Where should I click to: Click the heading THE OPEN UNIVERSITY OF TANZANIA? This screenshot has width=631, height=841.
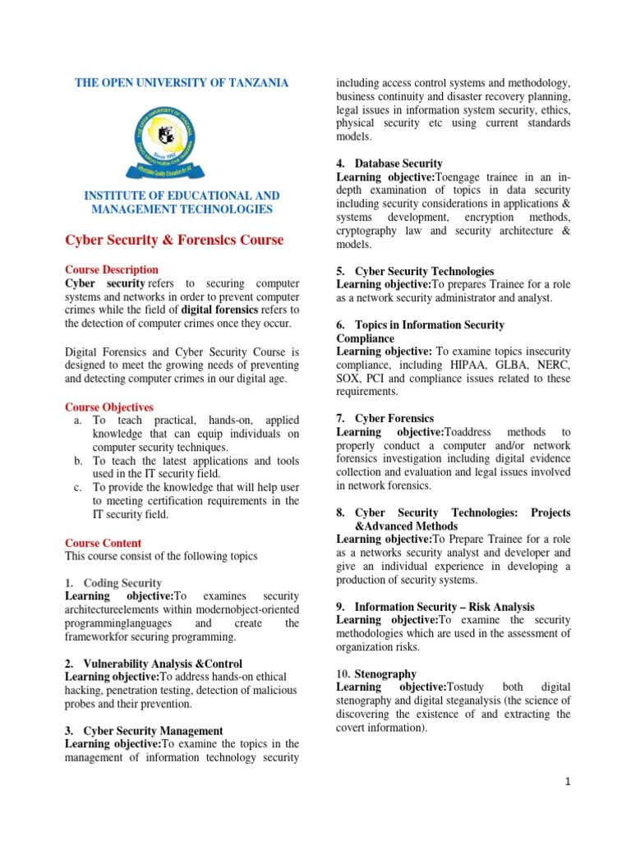pos(182,83)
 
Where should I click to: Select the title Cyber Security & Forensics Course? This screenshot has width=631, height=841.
pos(174,240)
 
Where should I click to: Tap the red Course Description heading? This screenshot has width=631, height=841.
pos(112,269)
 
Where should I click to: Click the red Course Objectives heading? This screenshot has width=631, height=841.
pos(109,407)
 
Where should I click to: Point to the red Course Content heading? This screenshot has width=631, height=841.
pos(104,543)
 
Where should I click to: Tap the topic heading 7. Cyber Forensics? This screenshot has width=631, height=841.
pos(385,418)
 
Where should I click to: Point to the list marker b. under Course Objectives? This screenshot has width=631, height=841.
pos(78,461)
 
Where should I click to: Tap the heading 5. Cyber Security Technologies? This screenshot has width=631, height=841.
pos(415,270)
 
